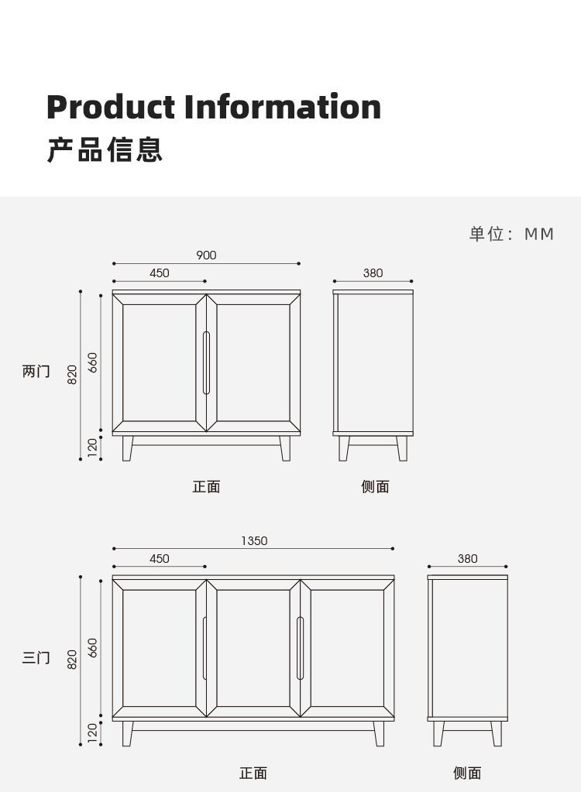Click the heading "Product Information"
point(214,107)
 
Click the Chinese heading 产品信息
point(105,149)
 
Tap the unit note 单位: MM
point(511,234)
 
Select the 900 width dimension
point(206,255)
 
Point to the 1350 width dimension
point(253,541)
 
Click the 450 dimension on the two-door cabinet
point(159,273)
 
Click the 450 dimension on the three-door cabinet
point(159,559)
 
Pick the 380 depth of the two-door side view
point(373,273)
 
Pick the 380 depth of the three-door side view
point(467,559)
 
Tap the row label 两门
point(36,372)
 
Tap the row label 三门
point(36,658)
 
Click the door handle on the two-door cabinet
point(206,363)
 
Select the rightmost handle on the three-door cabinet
point(301,649)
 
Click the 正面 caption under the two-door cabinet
point(206,487)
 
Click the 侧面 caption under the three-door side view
point(467,773)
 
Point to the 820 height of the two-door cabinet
point(72,375)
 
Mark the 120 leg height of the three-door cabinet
point(92,732)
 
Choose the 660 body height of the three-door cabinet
point(92,647)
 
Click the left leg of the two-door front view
point(128,448)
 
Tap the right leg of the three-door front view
point(379,734)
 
